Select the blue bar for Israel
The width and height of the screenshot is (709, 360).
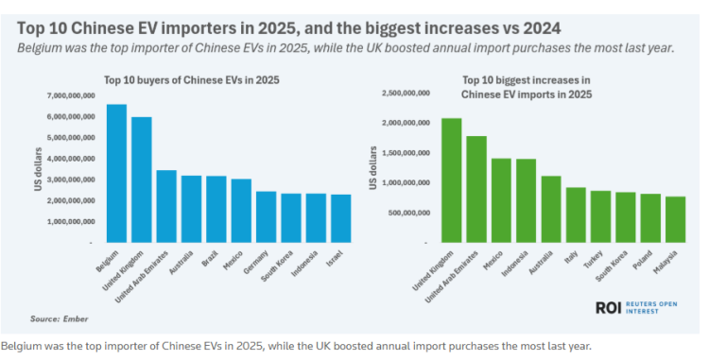340,218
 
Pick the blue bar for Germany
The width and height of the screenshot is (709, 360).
266,216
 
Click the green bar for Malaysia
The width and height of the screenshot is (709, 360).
675,219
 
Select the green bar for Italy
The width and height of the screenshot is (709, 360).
576,214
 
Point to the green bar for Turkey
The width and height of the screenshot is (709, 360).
600,216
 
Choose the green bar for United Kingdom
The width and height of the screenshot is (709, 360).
452,180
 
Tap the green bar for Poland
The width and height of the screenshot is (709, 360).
650,218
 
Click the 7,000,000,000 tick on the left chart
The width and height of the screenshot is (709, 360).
75,96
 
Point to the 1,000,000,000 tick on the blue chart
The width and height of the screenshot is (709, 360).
75,221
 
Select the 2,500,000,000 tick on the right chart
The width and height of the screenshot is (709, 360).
406,94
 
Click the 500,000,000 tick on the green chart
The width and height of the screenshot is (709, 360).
409,212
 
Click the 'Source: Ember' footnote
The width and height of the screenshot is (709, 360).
58,319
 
